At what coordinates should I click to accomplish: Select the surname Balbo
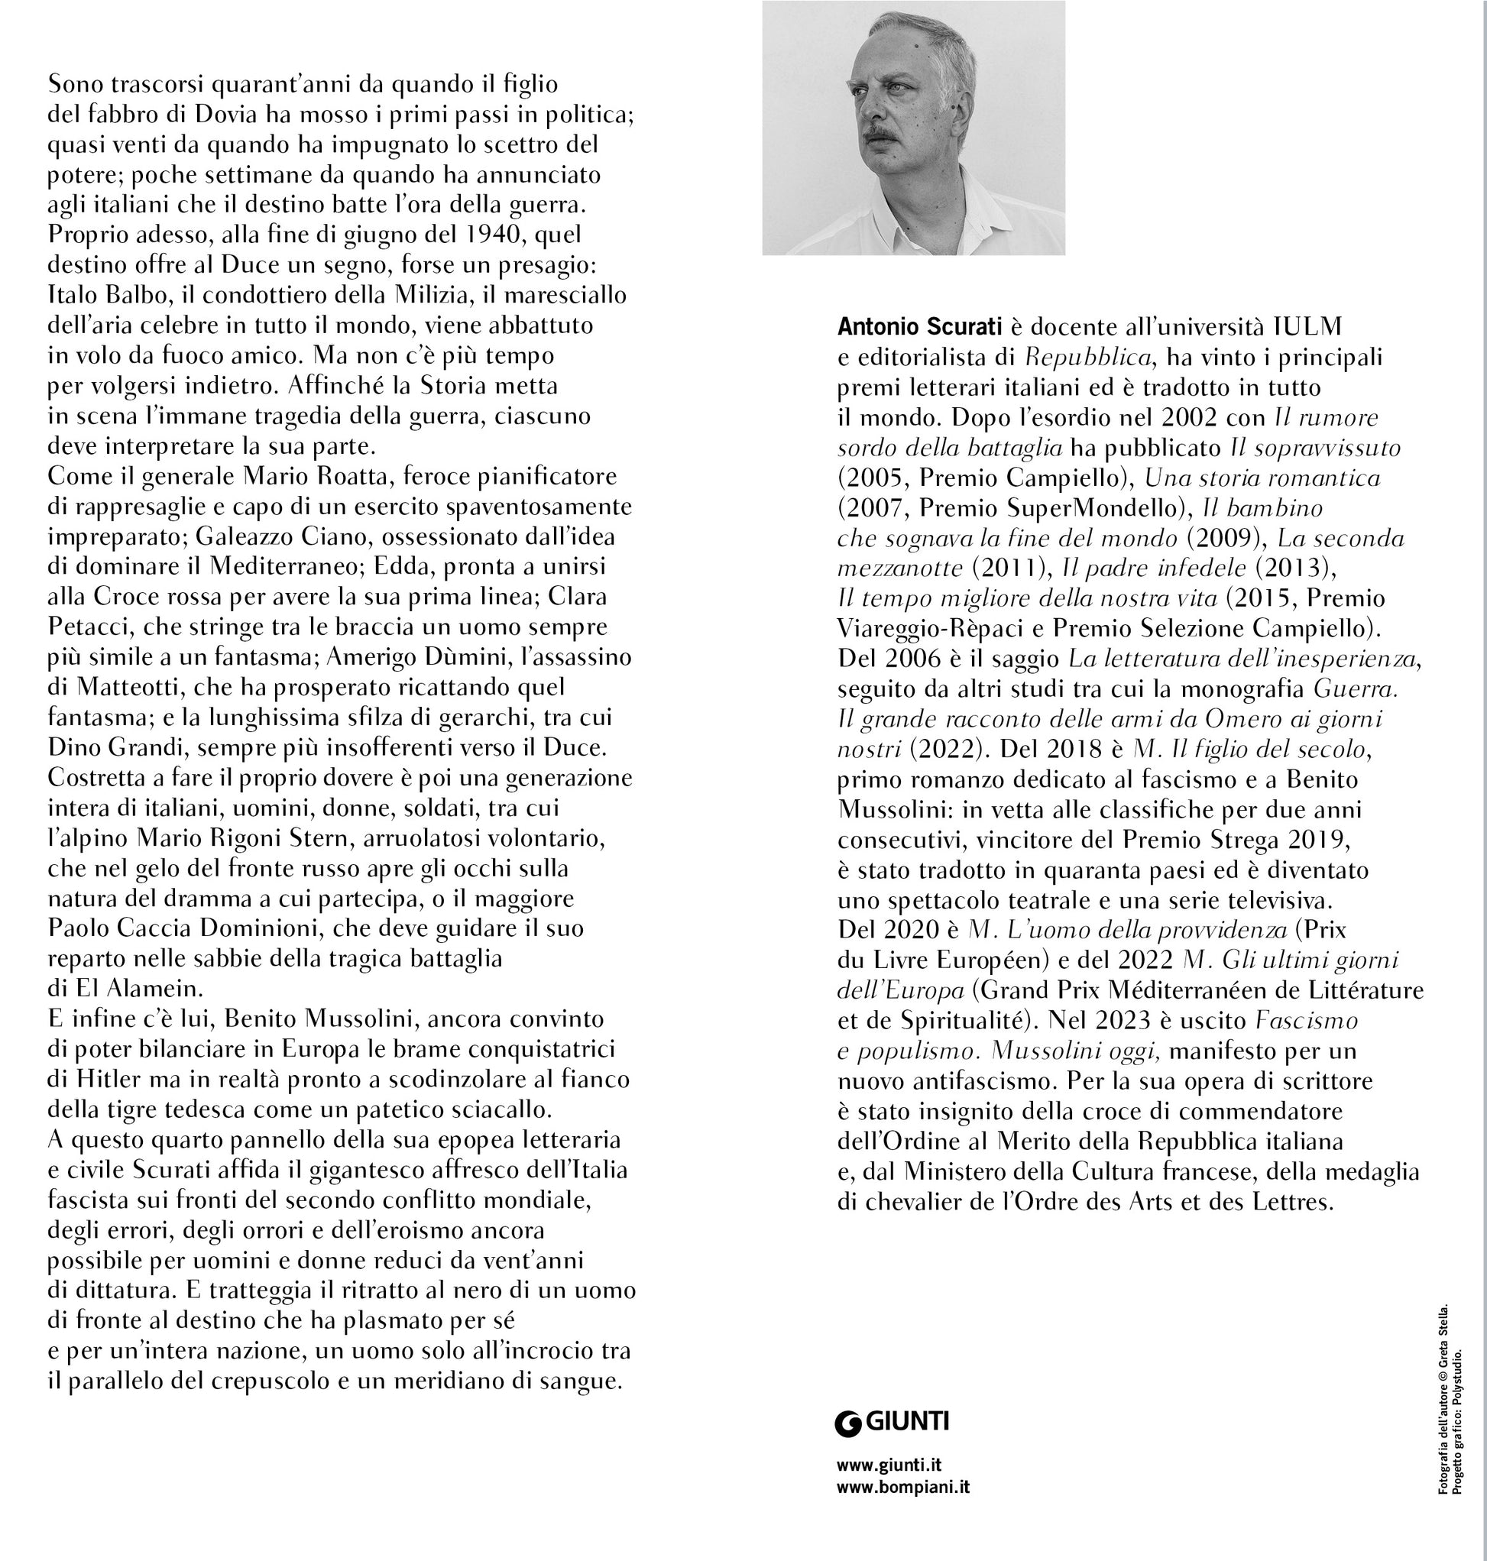tap(143, 295)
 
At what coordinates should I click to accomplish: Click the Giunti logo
tap(892, 1421)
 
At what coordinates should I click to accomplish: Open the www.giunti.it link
tap(889, 1465)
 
